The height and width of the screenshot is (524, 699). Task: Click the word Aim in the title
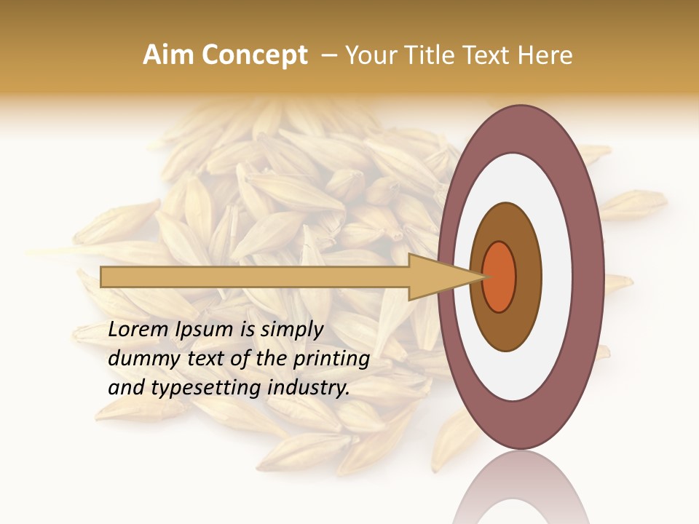coord(169,55)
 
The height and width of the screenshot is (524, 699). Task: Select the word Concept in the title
coord(254,55)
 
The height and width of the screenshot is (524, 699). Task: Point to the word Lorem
coord(138,330)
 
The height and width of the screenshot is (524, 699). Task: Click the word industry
coord(309,388)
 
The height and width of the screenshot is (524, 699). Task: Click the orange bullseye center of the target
coord(499,277)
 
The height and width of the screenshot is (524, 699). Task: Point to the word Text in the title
coord(493,55)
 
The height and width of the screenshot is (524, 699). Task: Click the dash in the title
coord(328,55)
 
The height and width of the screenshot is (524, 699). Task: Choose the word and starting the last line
coord(126,388)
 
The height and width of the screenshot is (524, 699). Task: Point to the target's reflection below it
coord(521,491)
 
